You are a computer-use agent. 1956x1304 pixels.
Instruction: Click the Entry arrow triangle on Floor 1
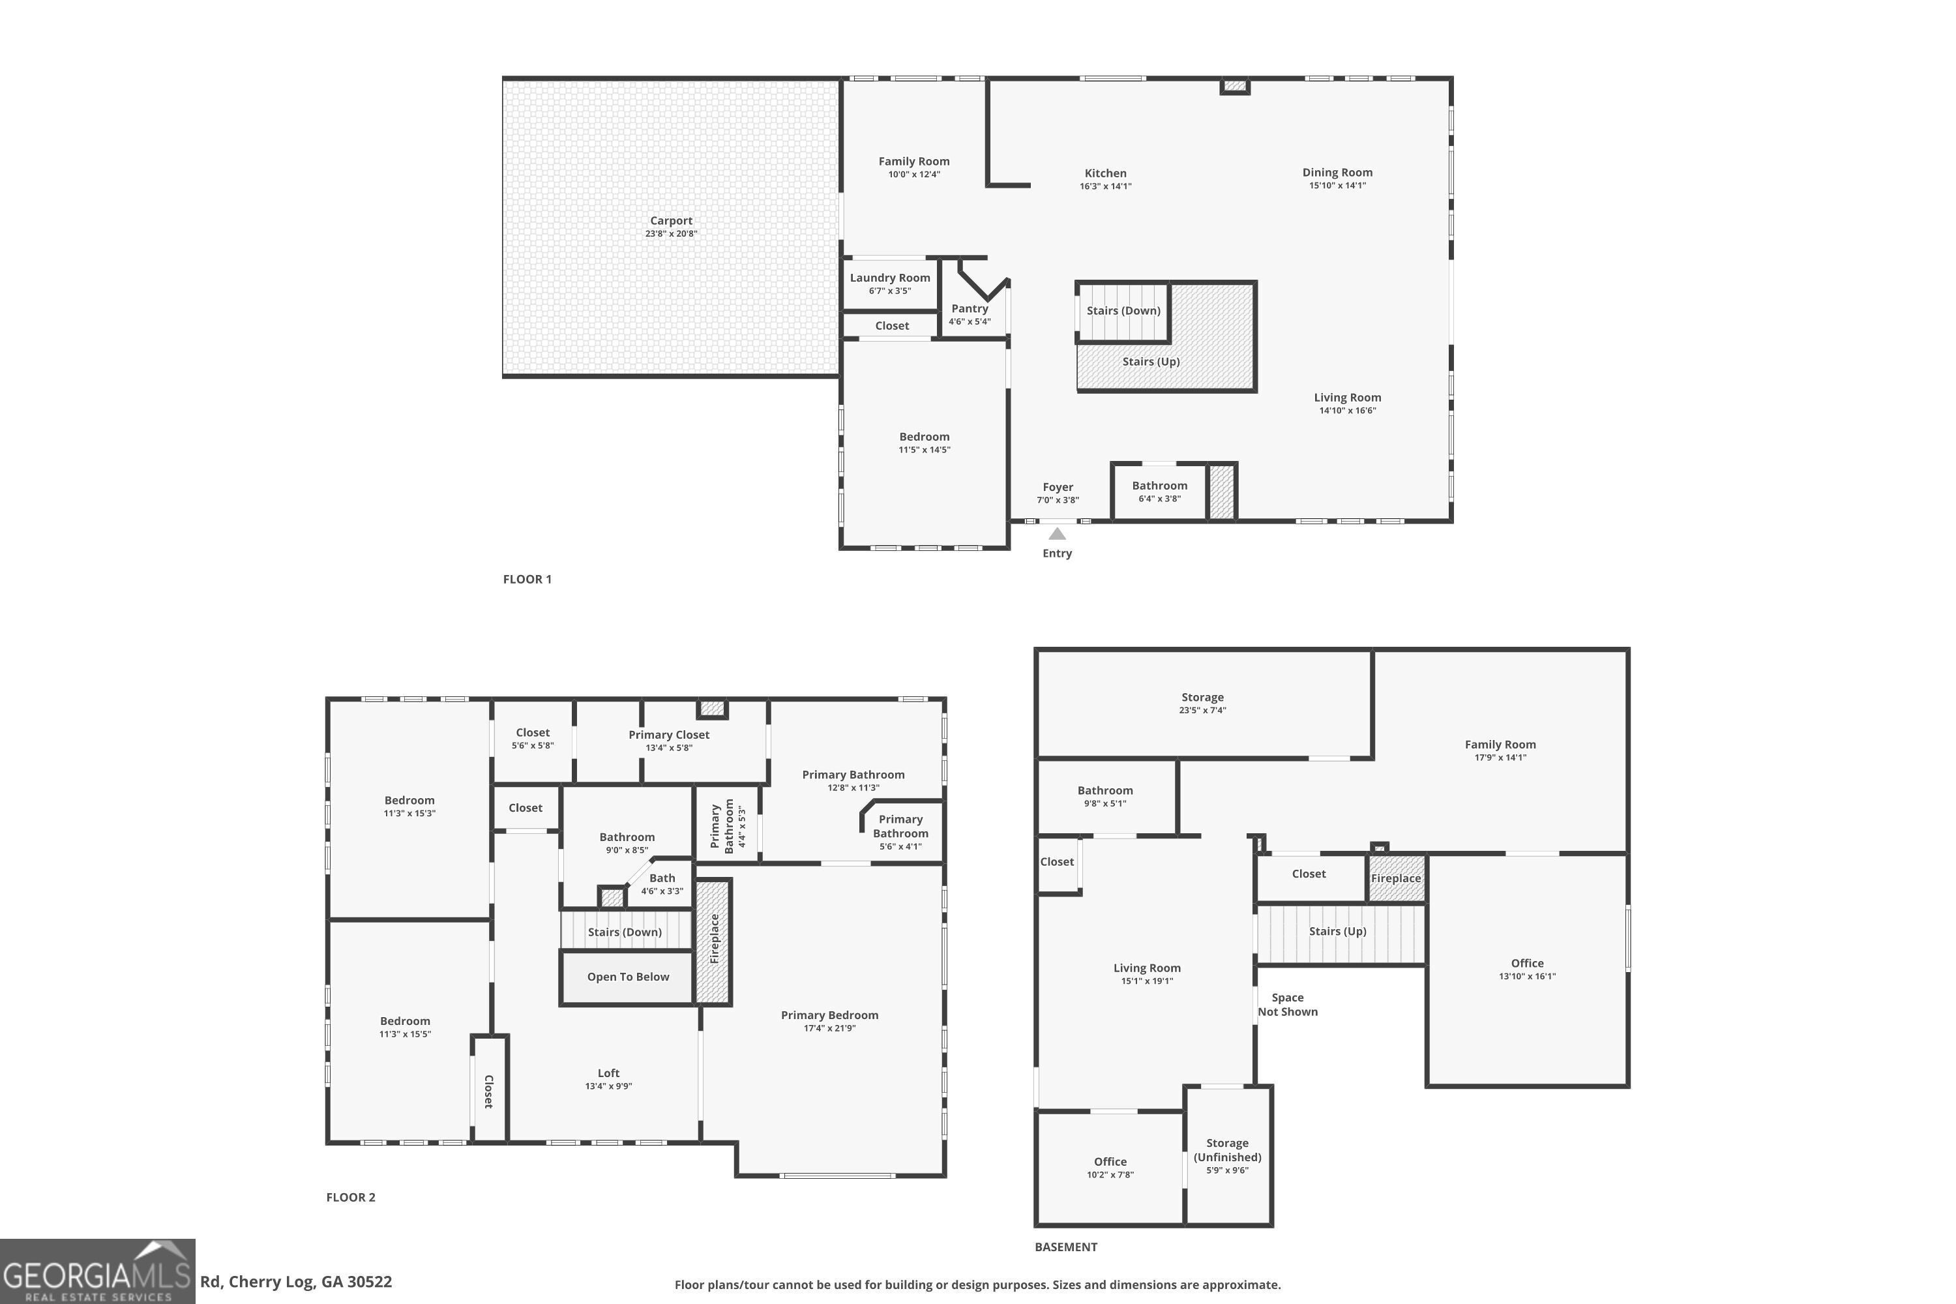coord(1057,534)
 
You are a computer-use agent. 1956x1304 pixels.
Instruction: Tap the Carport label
coord(671,221)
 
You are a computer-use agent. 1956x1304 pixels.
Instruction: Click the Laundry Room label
coord(890,278)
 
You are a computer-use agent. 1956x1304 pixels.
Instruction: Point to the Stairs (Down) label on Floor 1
coord(1123,311)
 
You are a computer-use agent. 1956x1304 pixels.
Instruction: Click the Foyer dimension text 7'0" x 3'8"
coord(1058,501)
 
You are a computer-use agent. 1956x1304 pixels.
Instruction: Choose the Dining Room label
coord(1337,173)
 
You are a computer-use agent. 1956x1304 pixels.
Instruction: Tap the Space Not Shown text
coord(1287,1005)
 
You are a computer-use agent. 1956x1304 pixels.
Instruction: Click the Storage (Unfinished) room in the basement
coord(1228,1156)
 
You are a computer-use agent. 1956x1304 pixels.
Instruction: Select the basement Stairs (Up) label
coord(1337,932)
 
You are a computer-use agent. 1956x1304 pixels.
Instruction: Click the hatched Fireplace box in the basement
coord(1397,878)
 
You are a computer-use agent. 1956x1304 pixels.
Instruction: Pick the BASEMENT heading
coord(1066,1247)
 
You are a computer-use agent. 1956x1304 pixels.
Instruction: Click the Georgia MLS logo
coord(97,1271)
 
